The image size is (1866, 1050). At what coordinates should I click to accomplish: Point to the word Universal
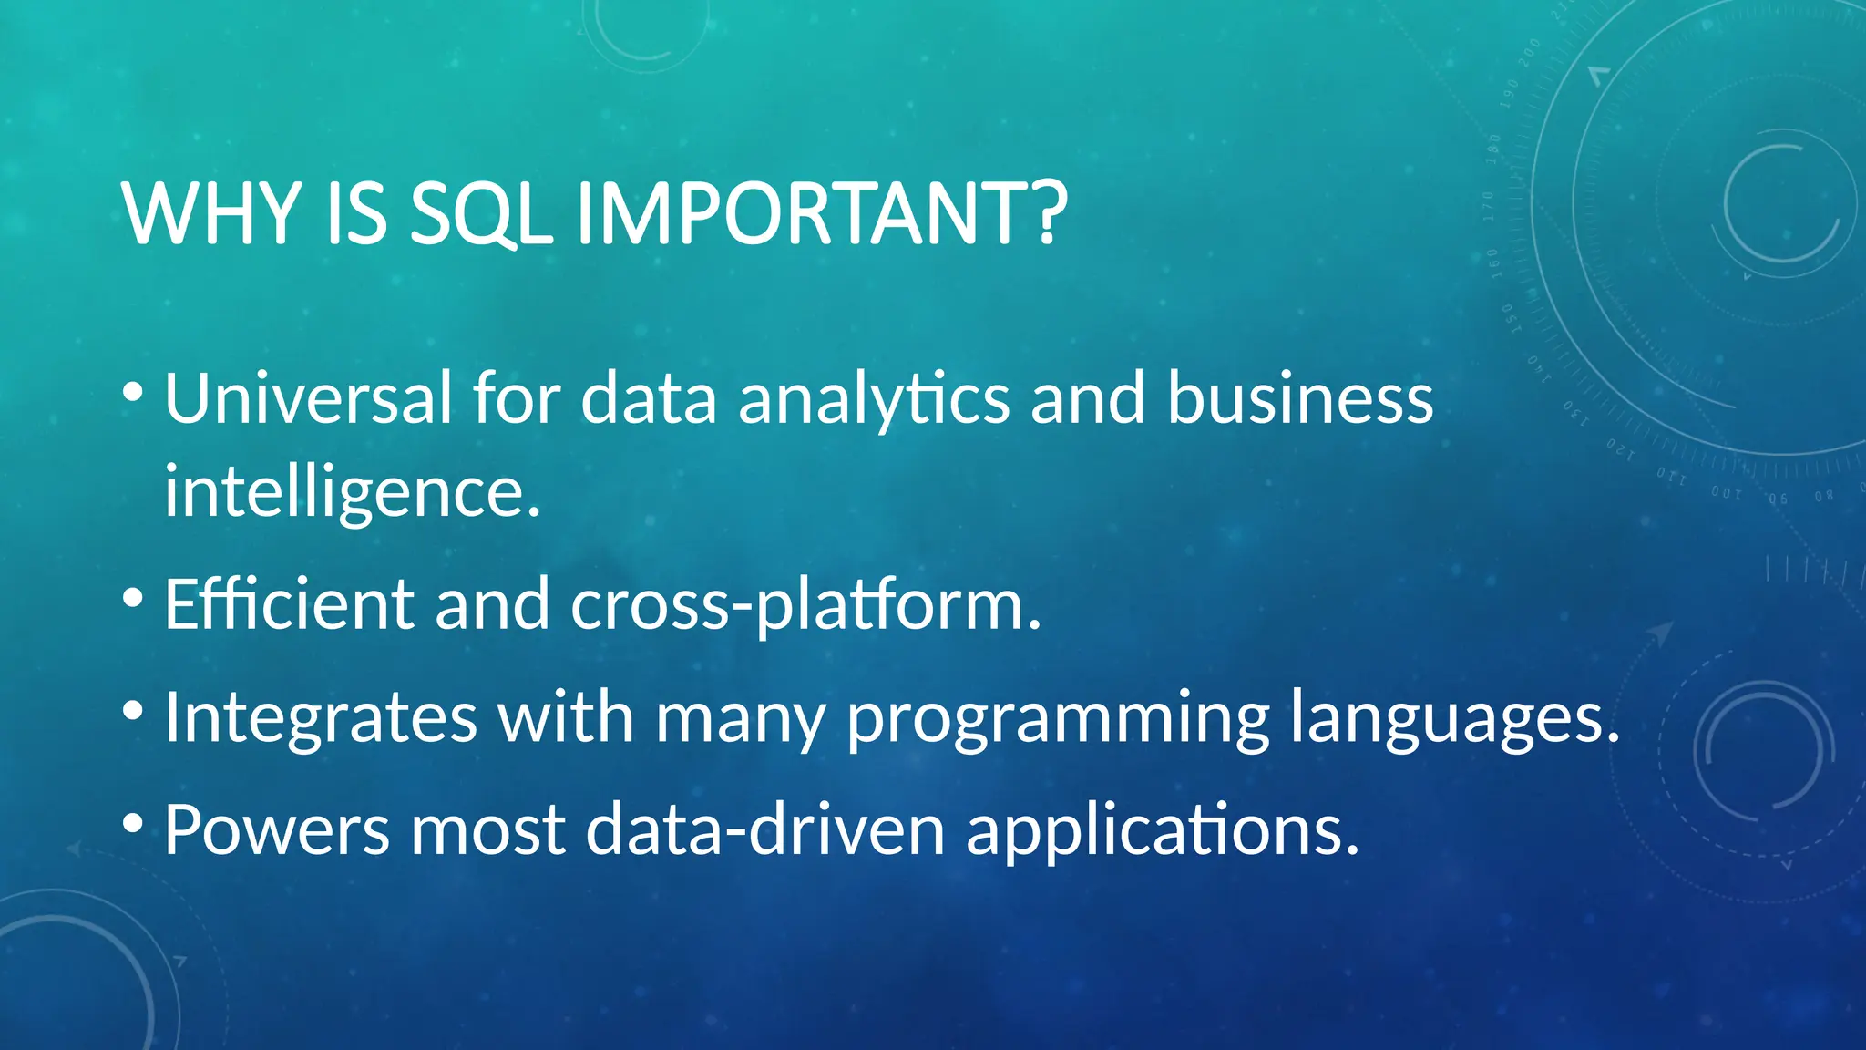point(308,399)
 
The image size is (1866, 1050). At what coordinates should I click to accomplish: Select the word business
point(1300,399)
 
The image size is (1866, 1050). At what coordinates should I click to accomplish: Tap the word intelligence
point(353,493)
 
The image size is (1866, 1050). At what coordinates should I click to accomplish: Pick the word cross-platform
point(806,605)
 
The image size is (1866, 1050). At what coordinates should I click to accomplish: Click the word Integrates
point(321,718)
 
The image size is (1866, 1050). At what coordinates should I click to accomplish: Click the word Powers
point(277,830)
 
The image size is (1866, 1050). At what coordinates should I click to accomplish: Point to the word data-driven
point(765,830)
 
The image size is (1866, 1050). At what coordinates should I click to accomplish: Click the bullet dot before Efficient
point(133,599)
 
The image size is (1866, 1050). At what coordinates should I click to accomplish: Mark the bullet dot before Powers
point(133,824)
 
